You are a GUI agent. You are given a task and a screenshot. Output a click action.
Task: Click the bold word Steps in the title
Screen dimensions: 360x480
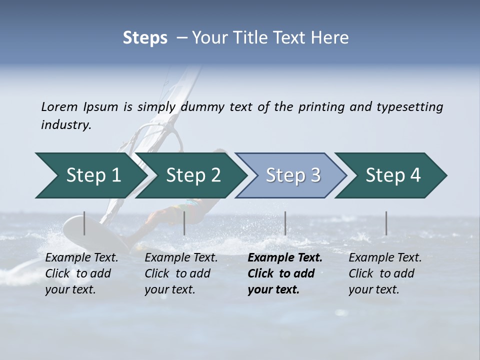(145, 38)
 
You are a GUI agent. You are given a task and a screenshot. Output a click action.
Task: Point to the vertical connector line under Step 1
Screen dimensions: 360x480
(84, 223)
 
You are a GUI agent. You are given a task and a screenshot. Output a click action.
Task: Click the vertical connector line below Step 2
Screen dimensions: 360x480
(184, 223)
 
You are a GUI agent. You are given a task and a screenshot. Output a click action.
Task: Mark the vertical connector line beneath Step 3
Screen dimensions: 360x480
(285, 223)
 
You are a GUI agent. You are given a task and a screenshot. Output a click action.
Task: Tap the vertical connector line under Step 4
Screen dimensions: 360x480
(386, 223)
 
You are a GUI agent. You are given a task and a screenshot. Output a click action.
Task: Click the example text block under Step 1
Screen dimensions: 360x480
(81, 273)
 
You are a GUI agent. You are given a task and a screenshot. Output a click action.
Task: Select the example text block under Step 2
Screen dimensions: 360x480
(181, 273)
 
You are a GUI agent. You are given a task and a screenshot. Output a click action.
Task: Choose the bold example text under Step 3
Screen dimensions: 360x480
(285, 273)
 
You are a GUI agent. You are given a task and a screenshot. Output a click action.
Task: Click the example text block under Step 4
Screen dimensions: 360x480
(385, 273)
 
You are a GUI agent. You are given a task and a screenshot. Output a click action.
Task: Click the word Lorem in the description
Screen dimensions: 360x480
(59, 106)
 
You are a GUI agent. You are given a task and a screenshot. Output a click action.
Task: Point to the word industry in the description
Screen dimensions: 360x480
(66, 125)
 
